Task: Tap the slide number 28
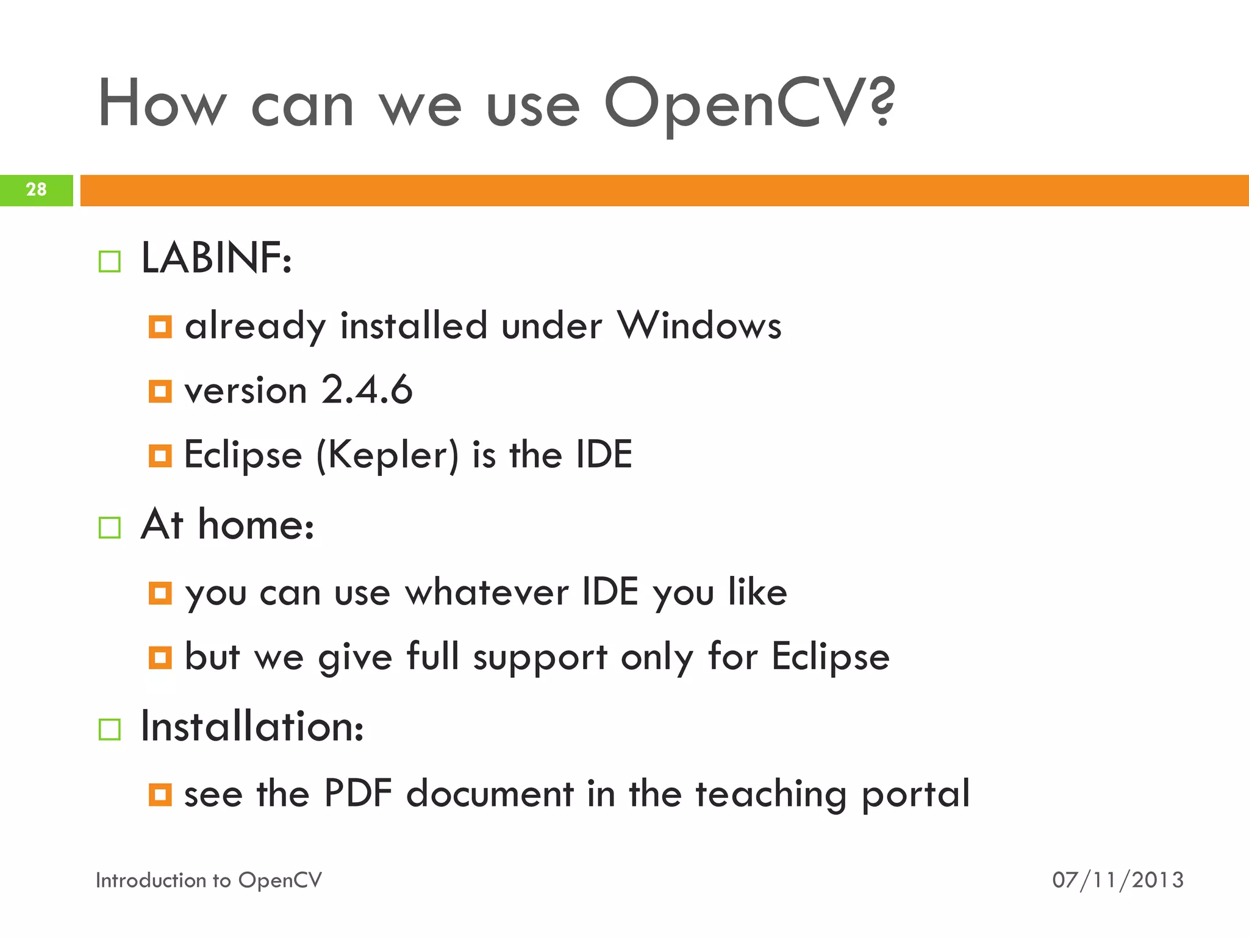36,190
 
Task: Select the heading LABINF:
216,259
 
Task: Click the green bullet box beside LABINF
110,262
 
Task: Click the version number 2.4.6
367,390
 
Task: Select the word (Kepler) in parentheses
387,455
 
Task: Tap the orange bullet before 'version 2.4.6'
160,391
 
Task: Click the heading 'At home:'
227,525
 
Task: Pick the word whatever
486,592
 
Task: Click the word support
540,658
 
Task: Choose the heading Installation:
252,727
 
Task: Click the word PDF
357,794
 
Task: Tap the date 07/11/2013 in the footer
1117,880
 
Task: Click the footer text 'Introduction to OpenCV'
209,880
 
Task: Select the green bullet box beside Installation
110,730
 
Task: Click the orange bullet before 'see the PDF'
160,795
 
